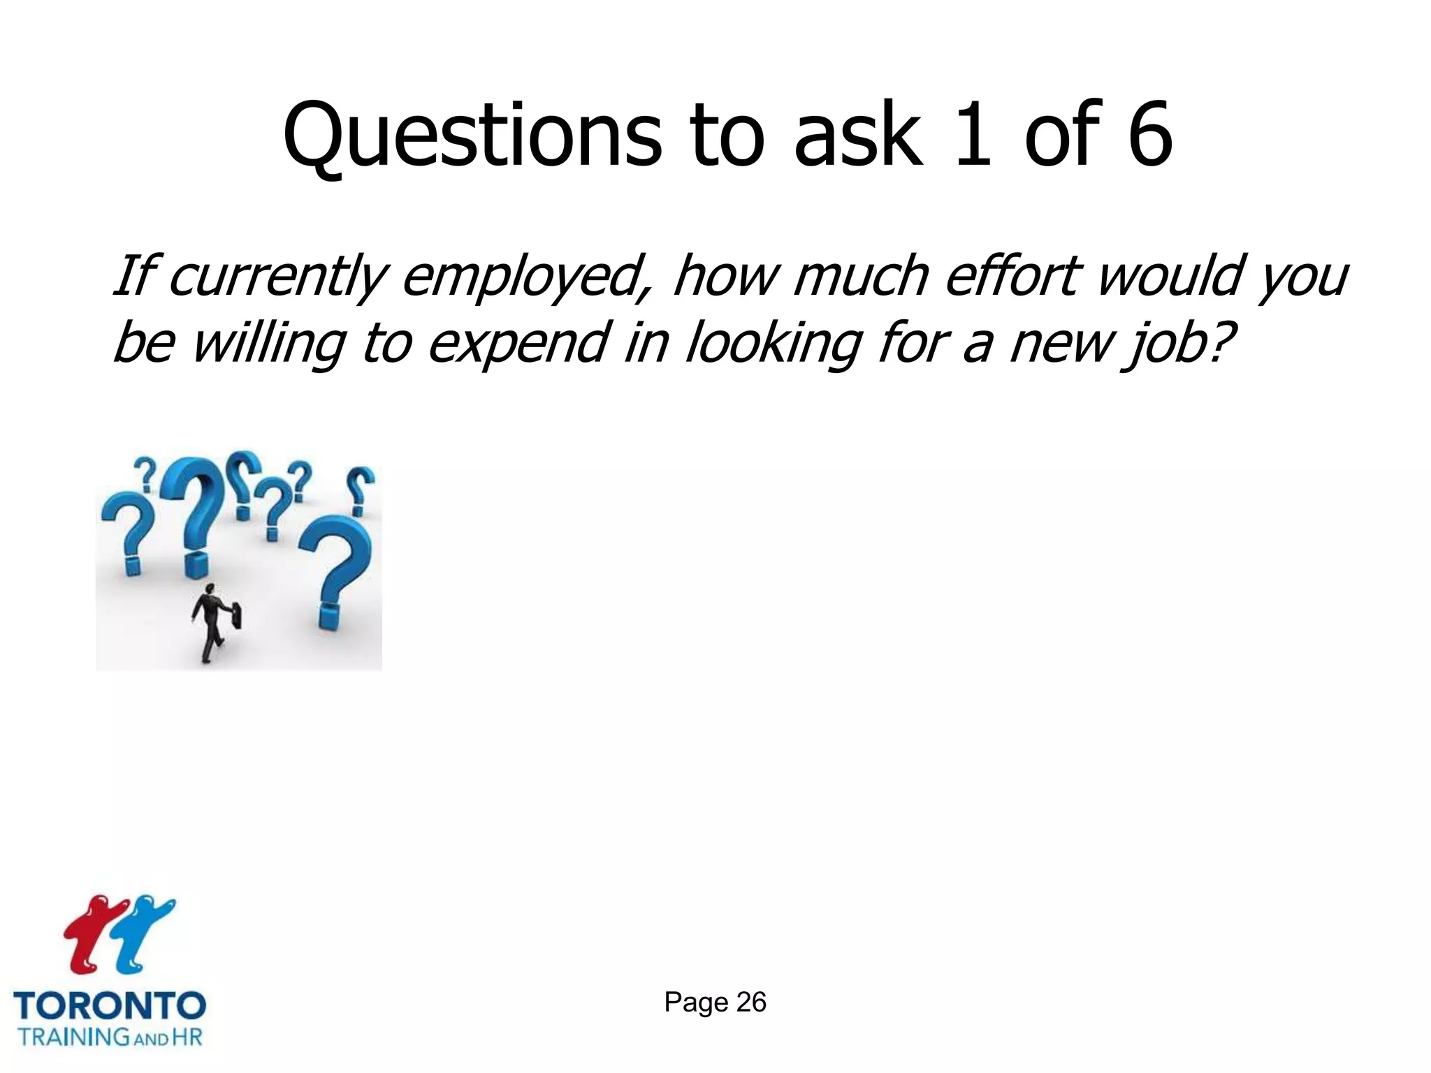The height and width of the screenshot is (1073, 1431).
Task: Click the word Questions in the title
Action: pos(472,136)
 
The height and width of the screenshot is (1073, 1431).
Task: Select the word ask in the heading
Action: pos(857,136)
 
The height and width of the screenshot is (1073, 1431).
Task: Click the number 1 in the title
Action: pos(973,136)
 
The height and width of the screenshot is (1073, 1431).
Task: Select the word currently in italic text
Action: pos(276,277)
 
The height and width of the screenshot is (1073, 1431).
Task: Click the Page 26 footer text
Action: pos(715,1002)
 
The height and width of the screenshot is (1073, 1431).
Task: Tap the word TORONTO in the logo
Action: pos(110,1006)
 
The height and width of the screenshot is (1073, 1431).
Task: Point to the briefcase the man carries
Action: pos(236,615)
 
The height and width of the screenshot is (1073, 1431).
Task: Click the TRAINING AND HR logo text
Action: pos(110,1036)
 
